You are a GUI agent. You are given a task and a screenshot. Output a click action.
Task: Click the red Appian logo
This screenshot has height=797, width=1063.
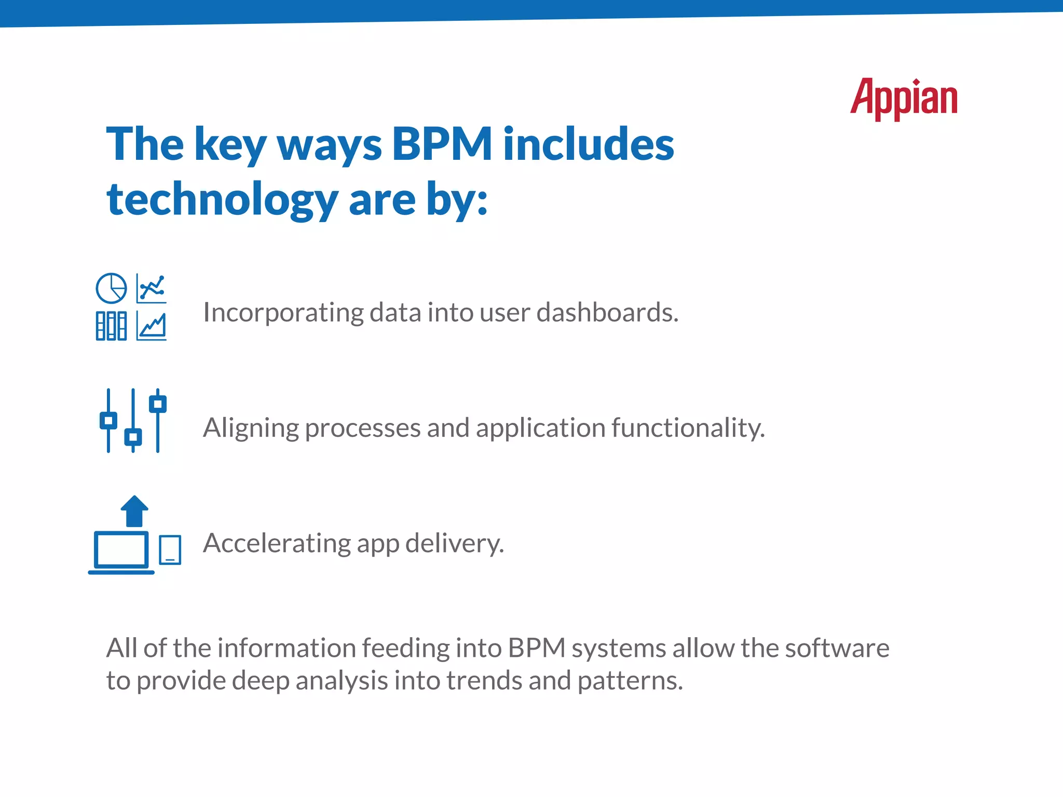click(904, 99)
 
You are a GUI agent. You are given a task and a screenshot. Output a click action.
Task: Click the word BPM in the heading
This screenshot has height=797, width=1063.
click(442, 144)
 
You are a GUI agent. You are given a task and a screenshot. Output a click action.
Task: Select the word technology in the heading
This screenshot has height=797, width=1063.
click(222, 200)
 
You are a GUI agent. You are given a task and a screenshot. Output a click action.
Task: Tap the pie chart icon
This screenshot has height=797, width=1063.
click(111, 288)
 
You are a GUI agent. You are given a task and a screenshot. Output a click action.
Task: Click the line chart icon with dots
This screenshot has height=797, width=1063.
click(152, 288)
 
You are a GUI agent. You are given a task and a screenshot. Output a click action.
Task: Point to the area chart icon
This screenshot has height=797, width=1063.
click(152, 326)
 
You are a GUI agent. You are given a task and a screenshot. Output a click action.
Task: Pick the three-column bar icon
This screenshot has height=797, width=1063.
click(111, 326)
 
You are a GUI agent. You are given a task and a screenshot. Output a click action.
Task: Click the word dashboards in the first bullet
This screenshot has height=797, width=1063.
click(607, 312)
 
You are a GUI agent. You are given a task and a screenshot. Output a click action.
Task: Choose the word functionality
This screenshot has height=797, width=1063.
click(688, 429)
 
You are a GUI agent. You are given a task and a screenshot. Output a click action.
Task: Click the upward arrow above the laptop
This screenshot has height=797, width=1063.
click(134, 511)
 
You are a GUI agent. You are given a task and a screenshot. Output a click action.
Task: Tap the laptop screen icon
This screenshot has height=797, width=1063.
click(121, 550)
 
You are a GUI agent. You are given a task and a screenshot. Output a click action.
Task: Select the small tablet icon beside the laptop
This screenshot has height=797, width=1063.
click(170, 549)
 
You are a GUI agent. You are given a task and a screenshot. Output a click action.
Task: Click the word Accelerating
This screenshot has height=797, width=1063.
click(277, 543)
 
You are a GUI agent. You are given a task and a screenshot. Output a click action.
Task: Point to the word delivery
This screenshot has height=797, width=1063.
click(454, 543)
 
